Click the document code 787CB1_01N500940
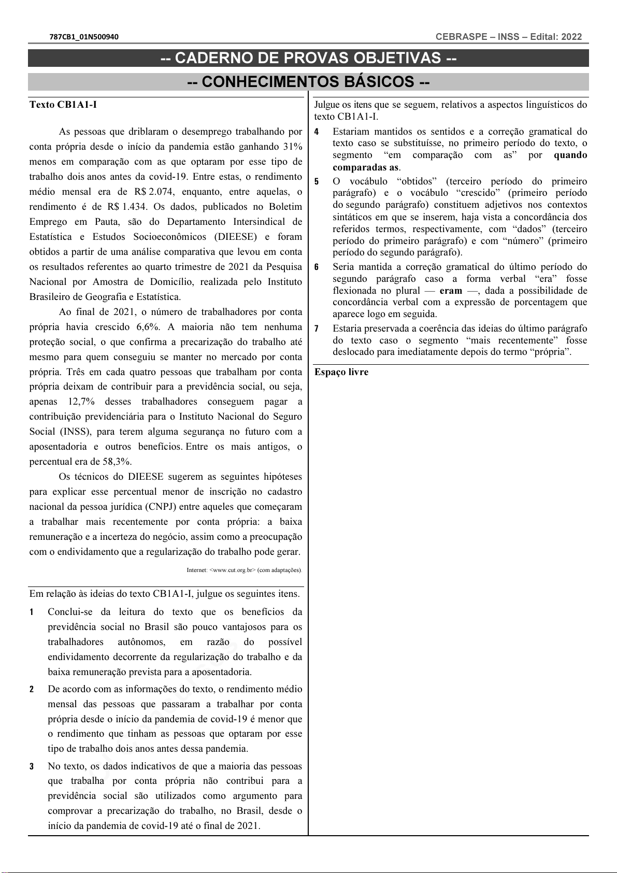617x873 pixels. tap(84, 37)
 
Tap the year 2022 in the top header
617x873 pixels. tap(571, 37)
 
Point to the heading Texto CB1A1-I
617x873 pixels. tap(63, 105)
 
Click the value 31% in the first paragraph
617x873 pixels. tap(293, 147)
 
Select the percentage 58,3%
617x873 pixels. tap(117, 462)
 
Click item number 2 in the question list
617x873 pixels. tap(32, 690)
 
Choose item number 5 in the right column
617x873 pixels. tap(317, 182)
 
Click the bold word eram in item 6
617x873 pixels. tap(451, 291)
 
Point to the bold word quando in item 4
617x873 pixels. tap(570, 155)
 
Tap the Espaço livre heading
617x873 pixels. tap(341, 372)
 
